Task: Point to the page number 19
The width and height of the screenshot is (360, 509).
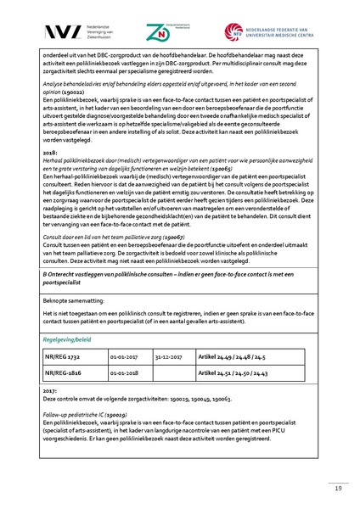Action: pos(336,489)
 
